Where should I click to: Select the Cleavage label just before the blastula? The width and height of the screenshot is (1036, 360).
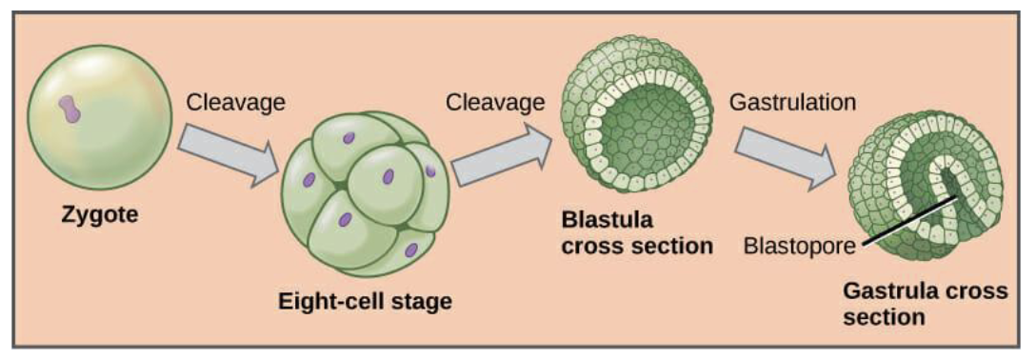[495, 101]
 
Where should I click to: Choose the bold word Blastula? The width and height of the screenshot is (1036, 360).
[607, 220]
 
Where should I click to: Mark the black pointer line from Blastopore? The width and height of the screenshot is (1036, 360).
[909, 221]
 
